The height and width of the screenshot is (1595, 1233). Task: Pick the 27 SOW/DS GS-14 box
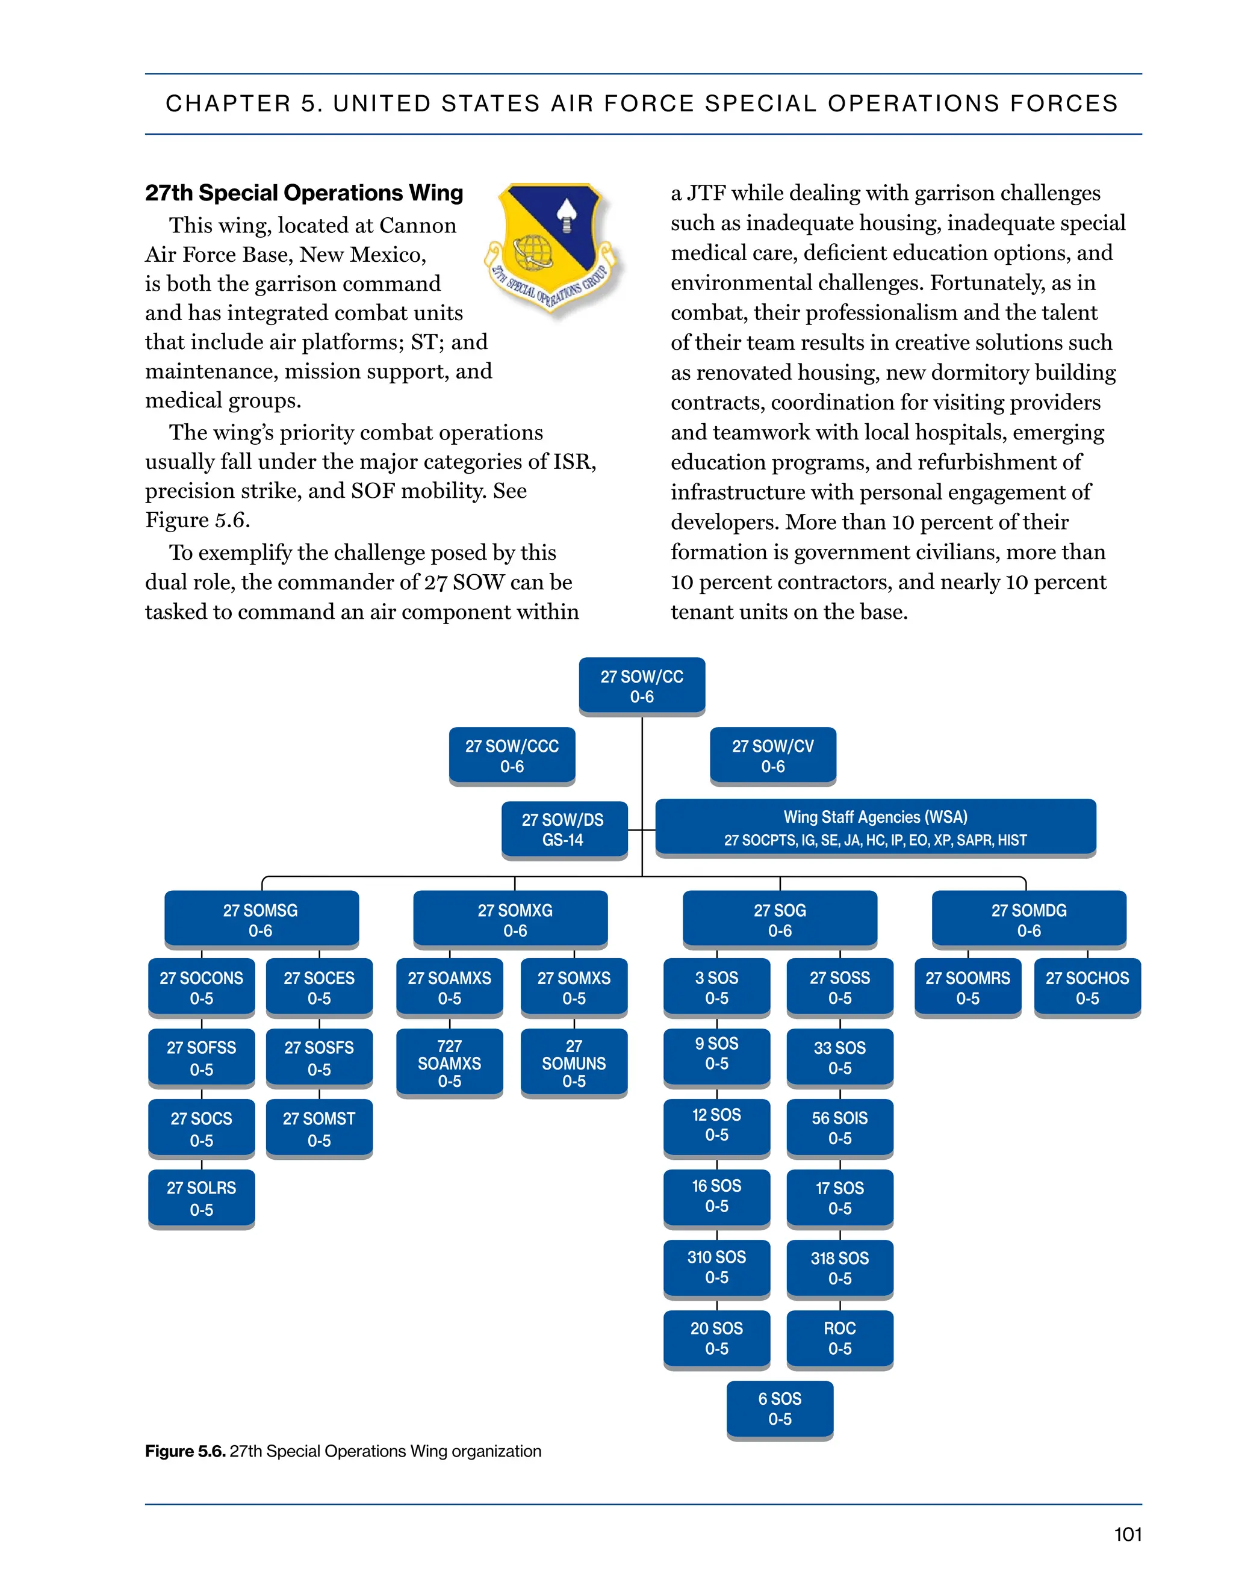pyautogui.click(x=563, y=829)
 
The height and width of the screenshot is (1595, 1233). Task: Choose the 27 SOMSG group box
pyautogui.click(x=261, y=920)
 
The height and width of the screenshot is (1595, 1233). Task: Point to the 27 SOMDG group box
pyautogui.click(x=1028, y=920)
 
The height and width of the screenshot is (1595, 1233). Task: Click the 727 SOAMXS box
pyautogui.click(x=449, y=1064)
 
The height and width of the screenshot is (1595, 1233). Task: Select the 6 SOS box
pyautogui.click(x=780, y=1409)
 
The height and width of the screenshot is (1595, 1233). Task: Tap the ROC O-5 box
pyautogui.click(x=839, y=1338)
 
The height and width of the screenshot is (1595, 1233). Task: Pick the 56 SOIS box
pyautogui.click(x=839, y=1127)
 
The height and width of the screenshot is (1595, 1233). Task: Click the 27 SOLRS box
pyautogui.click(x=201, y=1198)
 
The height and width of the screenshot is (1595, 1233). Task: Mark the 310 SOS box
pyautogui.click(x=716, y=1267)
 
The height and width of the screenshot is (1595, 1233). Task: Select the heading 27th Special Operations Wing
pyautogui.click(x=304, y=193)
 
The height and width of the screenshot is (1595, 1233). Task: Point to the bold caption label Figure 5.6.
pyautogui.click(x=185, y=1451)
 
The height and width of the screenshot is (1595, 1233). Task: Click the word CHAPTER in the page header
pyautogui.click(x=228, y=104)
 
